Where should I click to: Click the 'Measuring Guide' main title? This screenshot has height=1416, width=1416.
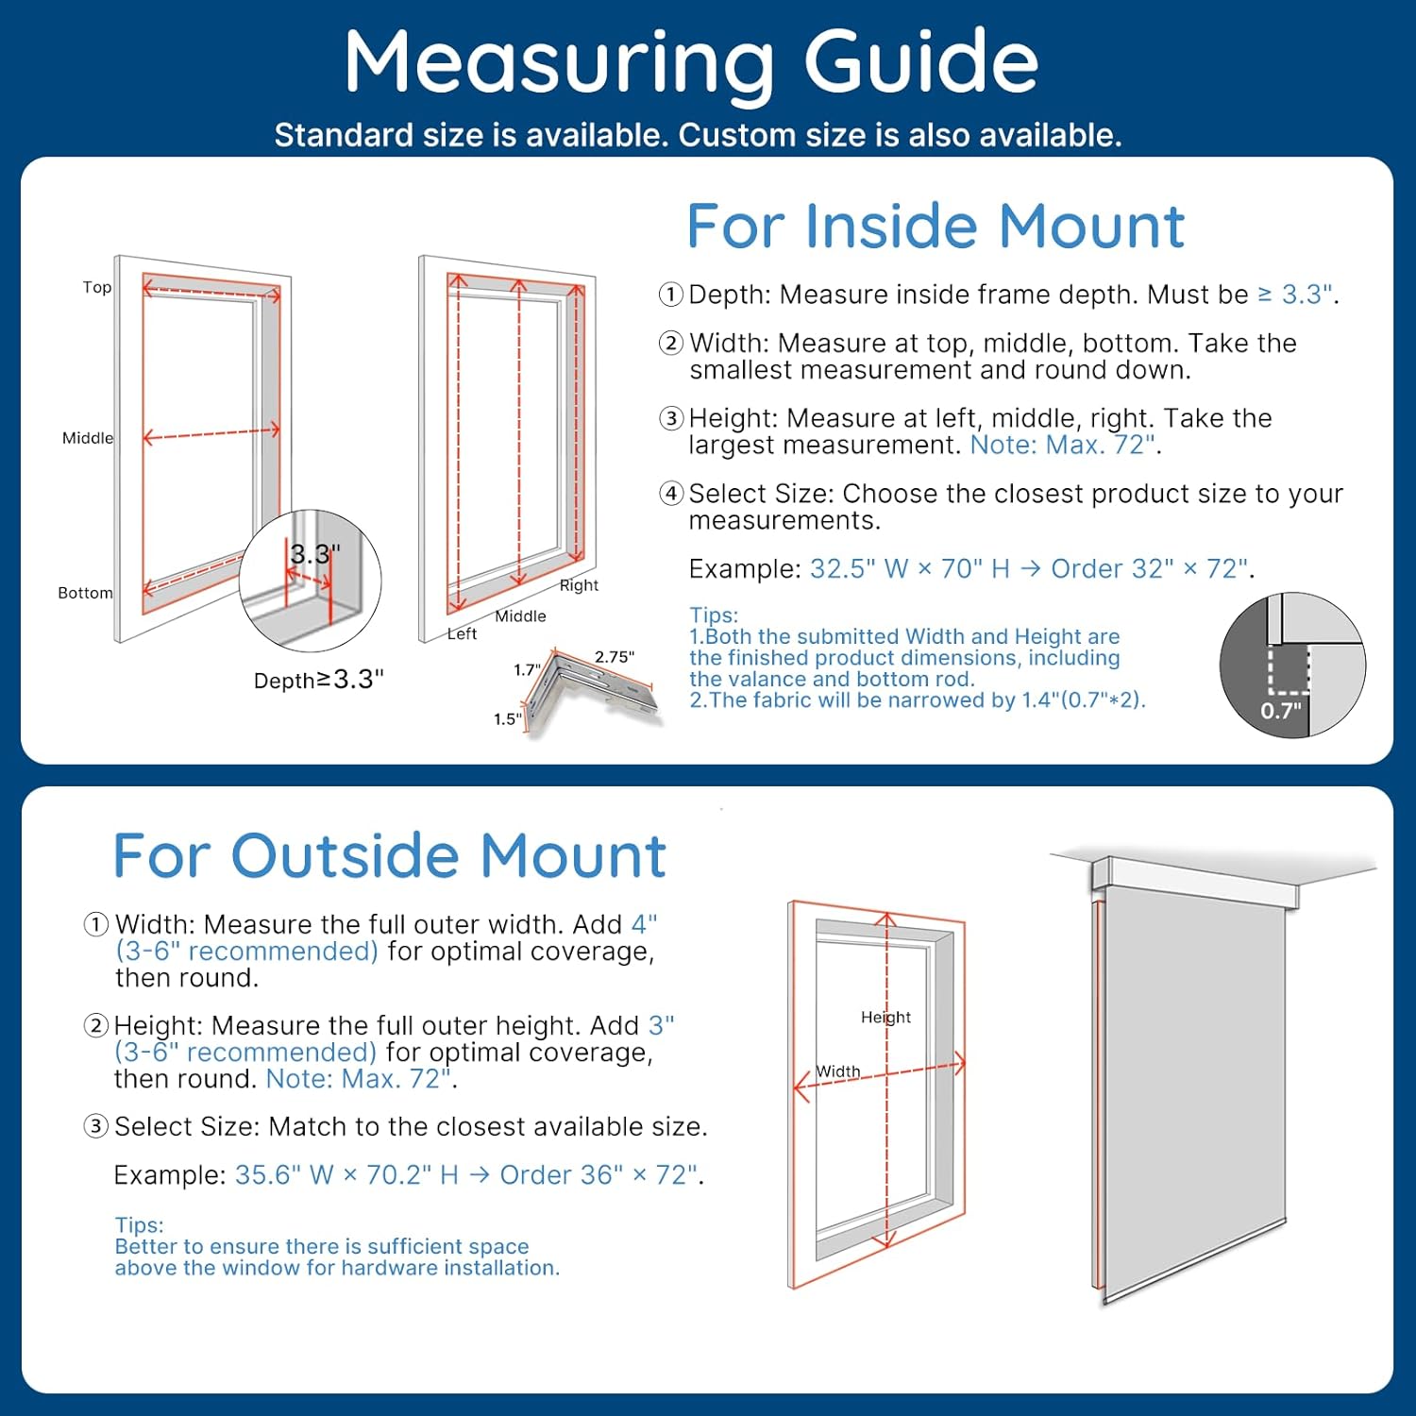pyautogui.click(x=691, y=62)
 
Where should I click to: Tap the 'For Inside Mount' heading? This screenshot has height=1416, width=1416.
pyautogui.click(x=935, y=227)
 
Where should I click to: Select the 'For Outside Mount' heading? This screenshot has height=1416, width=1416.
pyautogui.click(x=389, y=856)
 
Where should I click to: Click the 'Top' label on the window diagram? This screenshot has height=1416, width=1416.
pyautogui.click(x=96, y=287)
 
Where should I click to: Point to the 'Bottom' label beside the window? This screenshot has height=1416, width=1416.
pyautogui.click(x=85, y=593)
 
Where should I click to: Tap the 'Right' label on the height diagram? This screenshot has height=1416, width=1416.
pyautogui.click(x=579, y=585)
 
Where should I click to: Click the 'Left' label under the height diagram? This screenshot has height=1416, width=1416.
pyautogui.click(x=462, y=634)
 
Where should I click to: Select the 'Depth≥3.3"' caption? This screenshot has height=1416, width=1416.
pyautogui.click(x=318, y=680)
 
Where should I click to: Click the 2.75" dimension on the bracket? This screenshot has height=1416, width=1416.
pyautogui.click(x=614, y=657)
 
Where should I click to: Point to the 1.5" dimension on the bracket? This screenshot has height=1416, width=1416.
pyautogui.click(x=507, y=719)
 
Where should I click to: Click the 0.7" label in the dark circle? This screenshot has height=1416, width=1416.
pyautogui.click(x=1281, y=711)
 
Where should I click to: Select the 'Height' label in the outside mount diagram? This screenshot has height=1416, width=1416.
pyautogui.click(x=885, y=1017)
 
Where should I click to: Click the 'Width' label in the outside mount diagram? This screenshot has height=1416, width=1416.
pyautogui.click(x=837, y=1071)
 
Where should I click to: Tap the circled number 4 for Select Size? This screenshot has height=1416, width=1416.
pyautogui.click(x=671, y=493)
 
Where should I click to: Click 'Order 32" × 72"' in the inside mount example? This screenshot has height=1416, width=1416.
pyautogui.click(x=1150, y=568)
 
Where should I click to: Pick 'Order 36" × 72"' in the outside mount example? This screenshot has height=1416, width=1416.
pyautogui.click(x=598, y=1174)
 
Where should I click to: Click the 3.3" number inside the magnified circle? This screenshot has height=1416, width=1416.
pyautogui.click(x=314, y=554)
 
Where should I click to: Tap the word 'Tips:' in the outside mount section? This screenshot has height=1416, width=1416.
pyautogui.click(x=139, y=1224)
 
